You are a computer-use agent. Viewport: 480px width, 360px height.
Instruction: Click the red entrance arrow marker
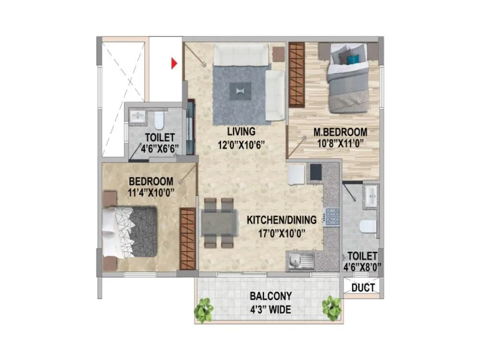click(175, 63)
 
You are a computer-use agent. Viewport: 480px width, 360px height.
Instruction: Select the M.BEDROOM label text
click(340, 132)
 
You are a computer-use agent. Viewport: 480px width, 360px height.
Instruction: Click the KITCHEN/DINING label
click(282, 220)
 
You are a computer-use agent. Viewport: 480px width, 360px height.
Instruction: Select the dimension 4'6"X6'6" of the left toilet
click(158, 149)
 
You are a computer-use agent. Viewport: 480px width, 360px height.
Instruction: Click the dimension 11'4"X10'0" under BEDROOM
click(151, 193)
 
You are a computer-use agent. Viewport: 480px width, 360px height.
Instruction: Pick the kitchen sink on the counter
click(300, 262)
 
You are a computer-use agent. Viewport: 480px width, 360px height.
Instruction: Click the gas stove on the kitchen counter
click(332, 217)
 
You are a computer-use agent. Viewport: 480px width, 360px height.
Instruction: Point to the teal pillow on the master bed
click(353, 60)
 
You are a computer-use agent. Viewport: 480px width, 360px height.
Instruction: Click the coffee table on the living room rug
click(240, 90)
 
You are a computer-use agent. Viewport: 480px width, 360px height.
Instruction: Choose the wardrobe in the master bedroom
click(297, 75)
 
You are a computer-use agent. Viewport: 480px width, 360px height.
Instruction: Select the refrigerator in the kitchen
click(296, 174)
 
